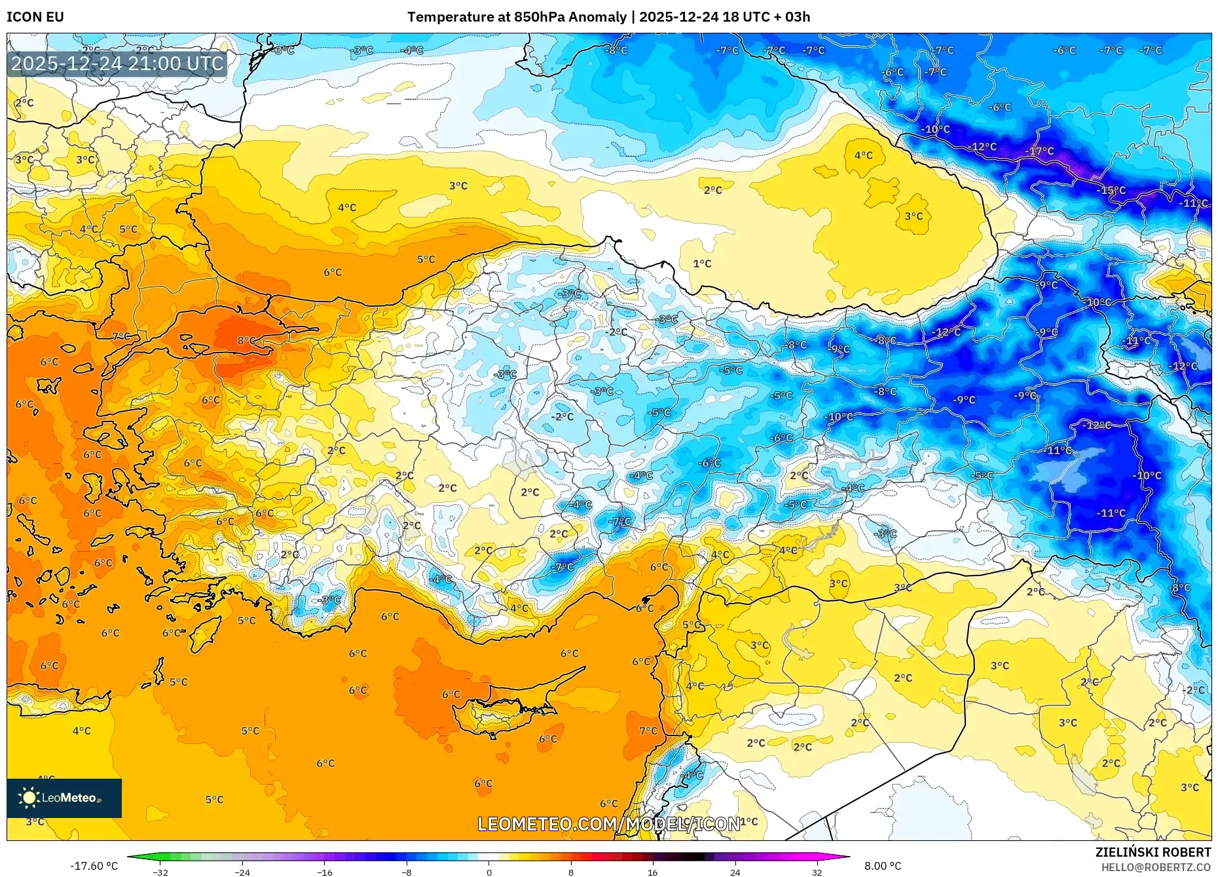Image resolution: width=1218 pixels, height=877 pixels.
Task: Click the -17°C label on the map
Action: pos(1039,151)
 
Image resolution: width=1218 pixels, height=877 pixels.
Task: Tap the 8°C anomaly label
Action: pos(246,341)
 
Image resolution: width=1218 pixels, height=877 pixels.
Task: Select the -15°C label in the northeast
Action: pos(1111,191)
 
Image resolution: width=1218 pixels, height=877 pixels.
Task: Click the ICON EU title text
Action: pos(35,17)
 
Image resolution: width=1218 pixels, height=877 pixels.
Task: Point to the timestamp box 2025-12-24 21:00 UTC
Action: pos(117,64)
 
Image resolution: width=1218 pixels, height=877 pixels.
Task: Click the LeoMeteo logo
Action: pos(64,798)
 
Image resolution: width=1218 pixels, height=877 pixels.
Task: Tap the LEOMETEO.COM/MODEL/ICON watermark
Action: pos(609,824)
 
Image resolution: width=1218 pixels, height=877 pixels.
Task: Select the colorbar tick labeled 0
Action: pos(489,872)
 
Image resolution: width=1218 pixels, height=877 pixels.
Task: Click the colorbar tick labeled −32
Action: pos(160,872)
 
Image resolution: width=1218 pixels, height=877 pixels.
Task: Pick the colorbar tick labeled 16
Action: pos(652,872)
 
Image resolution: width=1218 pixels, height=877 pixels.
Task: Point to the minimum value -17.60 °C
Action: pos(94,866)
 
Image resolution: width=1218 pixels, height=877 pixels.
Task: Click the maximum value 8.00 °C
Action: pos(882,866)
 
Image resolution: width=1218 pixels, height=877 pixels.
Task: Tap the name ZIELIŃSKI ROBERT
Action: pos(1153,852)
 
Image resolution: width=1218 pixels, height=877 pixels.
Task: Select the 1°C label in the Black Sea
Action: pos(702,263)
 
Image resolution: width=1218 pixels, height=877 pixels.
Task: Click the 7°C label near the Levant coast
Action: pos(648,731)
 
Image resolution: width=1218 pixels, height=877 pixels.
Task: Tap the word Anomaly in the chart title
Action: pos(597,17)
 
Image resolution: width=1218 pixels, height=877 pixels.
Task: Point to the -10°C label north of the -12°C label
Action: pos(935,129)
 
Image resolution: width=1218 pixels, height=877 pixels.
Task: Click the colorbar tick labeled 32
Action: pos(817,872)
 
